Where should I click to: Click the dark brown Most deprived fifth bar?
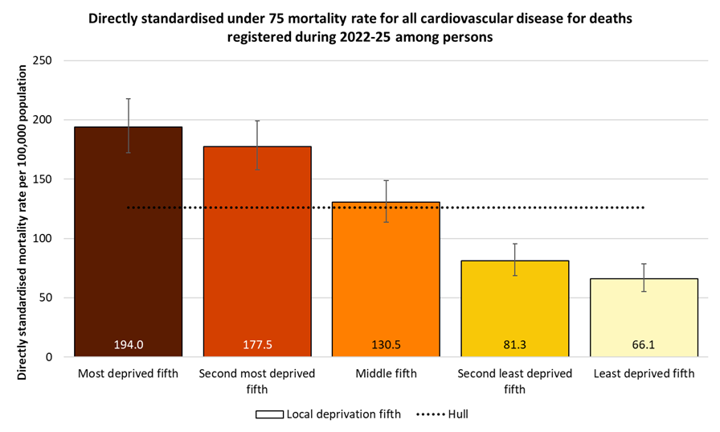tap(129, 241)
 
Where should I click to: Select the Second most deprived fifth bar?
tap(257, 249)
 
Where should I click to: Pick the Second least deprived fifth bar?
tap(514, 306)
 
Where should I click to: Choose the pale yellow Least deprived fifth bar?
tap(644, 314)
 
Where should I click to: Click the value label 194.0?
tap(129, 345)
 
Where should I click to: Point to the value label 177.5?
tap(257, 345)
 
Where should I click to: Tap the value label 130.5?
tap(386, 345)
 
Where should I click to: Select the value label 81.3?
tap(514, 345)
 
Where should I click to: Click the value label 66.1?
tap(644, 345)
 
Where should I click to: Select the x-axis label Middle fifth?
tap(386, 374)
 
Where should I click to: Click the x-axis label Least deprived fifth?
tap(644, 374)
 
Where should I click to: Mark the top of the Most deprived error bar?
tap(129, 99)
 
